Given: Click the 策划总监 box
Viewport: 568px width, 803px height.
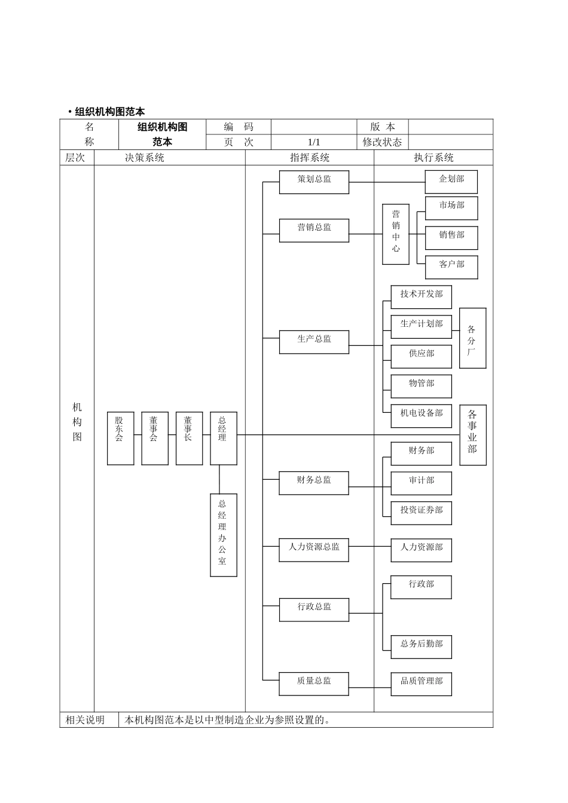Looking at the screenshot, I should point(314,182).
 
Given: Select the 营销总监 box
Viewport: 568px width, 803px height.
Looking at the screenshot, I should point(314,230).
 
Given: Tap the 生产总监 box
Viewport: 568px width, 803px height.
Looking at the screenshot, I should point(314,342).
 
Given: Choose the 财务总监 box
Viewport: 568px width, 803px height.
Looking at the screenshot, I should point(314,483).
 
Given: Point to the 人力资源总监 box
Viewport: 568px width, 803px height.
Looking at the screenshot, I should point(314,550).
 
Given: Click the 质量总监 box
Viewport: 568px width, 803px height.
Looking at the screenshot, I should point(314,684).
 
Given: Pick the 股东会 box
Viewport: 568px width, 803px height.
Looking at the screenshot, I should point(120,438).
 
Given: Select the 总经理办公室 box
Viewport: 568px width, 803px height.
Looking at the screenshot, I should point(223,535).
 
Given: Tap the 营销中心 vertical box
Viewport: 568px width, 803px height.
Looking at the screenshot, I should point(396,234).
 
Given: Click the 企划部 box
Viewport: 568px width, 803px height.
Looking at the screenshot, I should point(451,182).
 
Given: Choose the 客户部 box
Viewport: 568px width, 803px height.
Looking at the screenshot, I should point(451,267).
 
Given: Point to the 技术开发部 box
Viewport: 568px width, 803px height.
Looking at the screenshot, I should point(421,297).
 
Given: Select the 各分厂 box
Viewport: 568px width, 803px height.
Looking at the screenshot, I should point(472,338).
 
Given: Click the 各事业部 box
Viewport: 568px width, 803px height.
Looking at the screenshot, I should point(472,434).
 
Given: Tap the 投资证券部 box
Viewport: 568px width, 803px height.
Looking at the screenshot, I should point(421,513).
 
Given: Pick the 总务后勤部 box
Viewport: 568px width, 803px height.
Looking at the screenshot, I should point(421,647).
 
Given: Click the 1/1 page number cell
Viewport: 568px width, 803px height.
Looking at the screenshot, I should point(314,142).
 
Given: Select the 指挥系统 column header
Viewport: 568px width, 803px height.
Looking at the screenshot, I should point(310,158).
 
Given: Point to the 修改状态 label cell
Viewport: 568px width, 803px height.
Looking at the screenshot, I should point(383,142).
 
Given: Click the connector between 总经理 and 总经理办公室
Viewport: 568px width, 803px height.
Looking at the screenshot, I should point(219,479).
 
